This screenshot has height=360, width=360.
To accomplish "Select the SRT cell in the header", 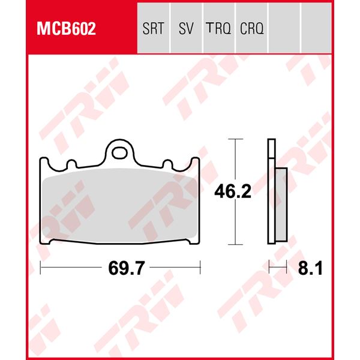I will [x=154, y=28].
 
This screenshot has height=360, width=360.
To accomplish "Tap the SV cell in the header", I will [x=186, y=28].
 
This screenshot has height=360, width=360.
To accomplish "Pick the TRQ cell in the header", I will [x=218, y=28].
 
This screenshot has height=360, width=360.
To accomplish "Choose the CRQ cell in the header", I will [x=251, y=28].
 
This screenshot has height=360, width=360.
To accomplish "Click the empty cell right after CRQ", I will [x=284, y=28].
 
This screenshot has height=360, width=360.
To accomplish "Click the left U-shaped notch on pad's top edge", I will [x=70, y=163].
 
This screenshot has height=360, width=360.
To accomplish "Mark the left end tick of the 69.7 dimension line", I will [x=41, y=268].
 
